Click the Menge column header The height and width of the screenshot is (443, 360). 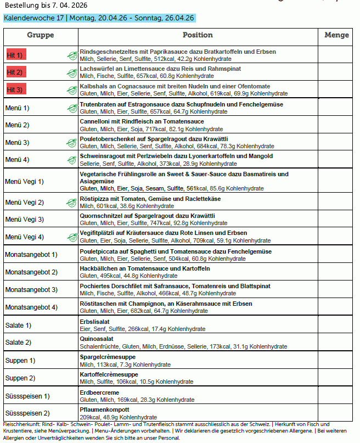click(336, 35)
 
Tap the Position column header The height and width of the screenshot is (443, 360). click(198, 35)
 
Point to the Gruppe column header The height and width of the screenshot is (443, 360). click(41, 35)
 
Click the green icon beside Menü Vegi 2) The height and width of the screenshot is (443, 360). click(71, 203)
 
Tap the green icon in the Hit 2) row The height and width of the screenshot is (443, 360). click(71, 72)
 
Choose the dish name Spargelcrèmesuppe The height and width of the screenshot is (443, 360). click(108, 357)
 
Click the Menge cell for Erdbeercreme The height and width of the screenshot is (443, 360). click(336, 396)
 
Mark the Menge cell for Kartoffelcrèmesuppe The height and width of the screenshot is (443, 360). click(336, 378)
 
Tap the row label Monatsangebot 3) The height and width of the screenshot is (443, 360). click(31, 289)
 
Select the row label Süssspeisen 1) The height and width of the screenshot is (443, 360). click(27, 396)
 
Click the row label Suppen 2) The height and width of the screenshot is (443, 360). click(20, 378)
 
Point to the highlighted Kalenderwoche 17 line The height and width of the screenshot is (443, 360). click(99, 18)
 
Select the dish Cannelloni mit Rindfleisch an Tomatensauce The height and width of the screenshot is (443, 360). click(142, 121)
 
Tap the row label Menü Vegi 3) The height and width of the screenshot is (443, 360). click(24, 220)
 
